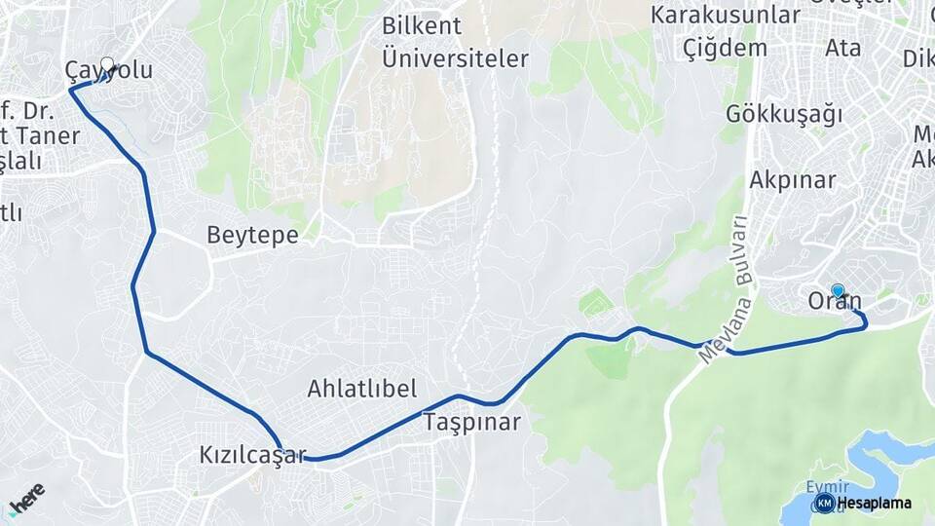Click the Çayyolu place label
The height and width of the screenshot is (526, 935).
(108, 72)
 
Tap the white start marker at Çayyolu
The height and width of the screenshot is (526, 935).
(107, 66)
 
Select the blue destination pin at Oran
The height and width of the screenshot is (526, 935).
(838, 290)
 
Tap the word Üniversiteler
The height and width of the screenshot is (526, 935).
(455, 58)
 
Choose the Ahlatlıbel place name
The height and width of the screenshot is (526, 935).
(361, 390)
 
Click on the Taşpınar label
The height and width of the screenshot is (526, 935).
(471, 423)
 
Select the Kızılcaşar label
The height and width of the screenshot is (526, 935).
(252, 454)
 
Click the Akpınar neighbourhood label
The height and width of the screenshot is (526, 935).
(792, 180)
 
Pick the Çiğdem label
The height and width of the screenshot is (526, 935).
(725, 49)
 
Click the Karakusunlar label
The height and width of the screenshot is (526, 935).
(726, 16)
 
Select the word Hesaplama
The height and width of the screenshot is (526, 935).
(874, 503)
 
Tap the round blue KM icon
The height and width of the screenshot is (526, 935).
(824, 503)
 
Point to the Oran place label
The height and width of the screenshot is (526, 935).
(835, 303)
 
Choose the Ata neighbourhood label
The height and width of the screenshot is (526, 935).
(842, 47)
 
